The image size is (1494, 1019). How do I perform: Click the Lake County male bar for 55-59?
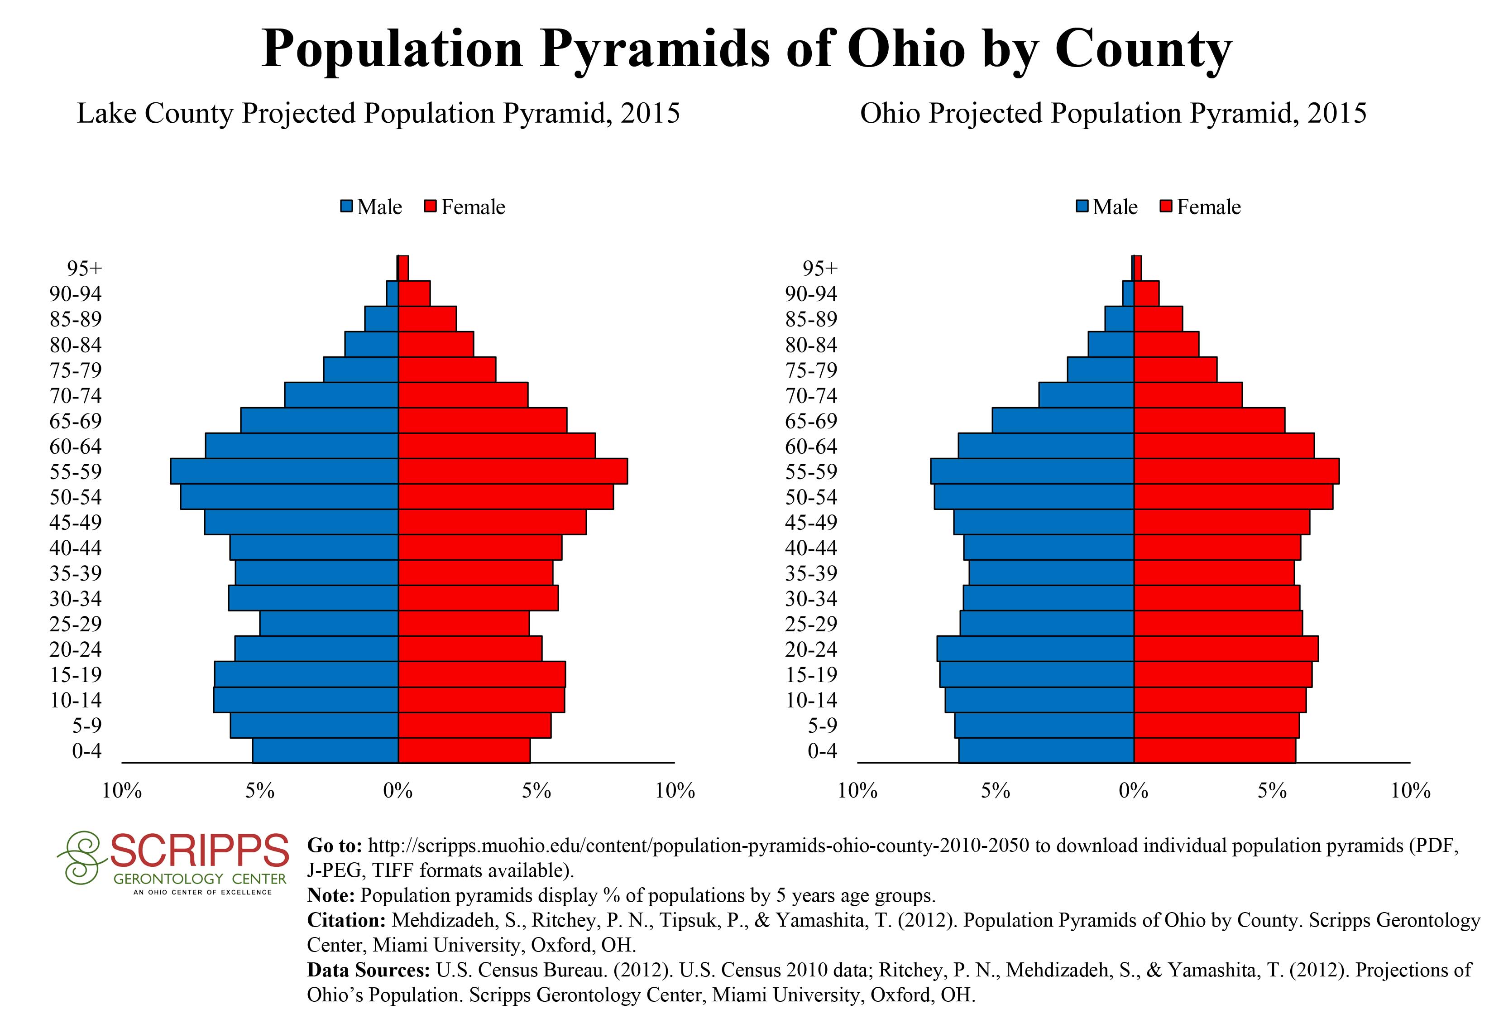(284, 471)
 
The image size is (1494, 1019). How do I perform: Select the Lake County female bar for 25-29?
(464, 624)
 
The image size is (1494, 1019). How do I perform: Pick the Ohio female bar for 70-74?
(1188, 395)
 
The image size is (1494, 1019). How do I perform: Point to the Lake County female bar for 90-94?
(414, 293)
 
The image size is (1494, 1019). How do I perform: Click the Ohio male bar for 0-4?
(1046, 750)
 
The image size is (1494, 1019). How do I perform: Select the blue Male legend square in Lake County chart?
(347, 207)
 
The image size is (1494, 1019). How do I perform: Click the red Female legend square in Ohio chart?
(1167, 207)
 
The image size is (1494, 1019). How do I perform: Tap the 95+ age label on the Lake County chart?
(84, 268)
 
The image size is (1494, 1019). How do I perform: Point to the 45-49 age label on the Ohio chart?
(811, 522)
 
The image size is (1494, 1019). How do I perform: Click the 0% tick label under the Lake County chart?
(398, 791)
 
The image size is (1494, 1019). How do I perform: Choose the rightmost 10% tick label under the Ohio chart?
(1410, 791)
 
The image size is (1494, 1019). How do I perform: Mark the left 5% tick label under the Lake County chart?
(260, 791)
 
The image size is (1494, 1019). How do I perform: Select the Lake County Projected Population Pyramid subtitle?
(378, 114)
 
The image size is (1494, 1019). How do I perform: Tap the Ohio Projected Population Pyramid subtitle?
(1113, 114)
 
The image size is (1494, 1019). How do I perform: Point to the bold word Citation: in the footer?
(346, 920)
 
